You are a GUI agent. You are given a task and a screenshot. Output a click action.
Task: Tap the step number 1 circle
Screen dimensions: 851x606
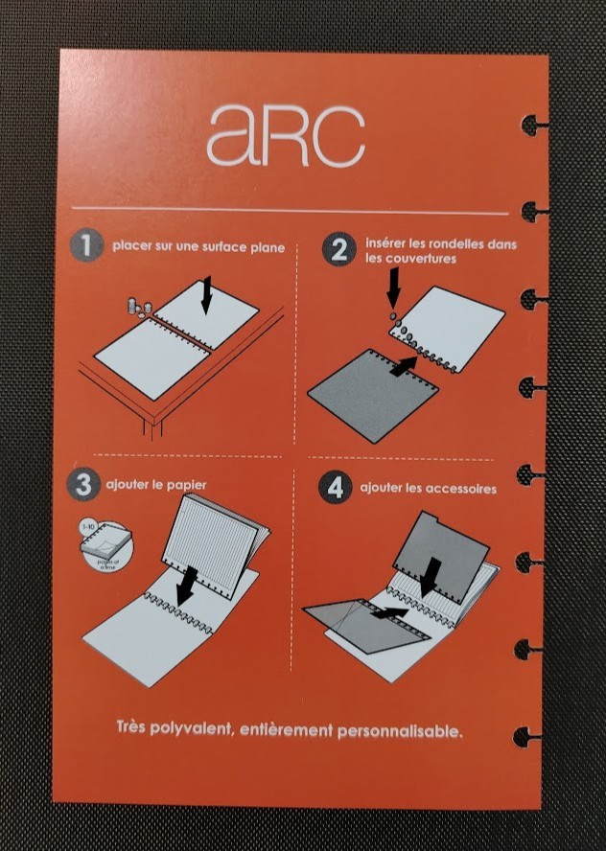click(x=86, y=246)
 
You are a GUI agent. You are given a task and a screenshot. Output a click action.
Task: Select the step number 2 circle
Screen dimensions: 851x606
click(x=338, y=249)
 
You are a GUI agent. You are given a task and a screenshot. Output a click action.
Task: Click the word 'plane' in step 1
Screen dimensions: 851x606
click(x=267, y=247)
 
